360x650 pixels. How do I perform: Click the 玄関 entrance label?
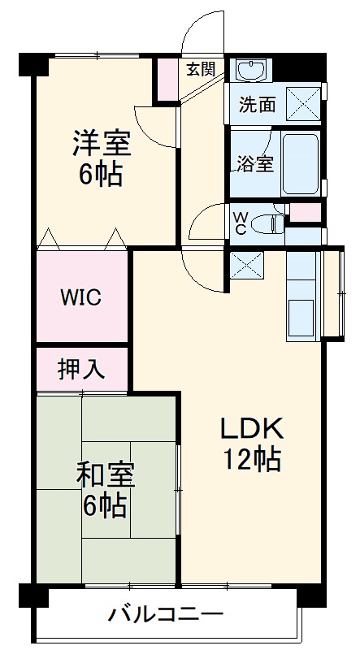200,69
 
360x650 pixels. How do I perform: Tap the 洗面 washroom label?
257,105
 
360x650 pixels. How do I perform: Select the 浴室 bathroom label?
254,162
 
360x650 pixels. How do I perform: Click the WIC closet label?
80,297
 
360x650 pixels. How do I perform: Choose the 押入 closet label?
81,369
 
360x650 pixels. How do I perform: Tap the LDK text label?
252,429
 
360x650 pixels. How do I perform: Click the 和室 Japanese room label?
105,474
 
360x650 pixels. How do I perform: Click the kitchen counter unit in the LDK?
303,296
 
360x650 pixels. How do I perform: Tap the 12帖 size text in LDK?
252,461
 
